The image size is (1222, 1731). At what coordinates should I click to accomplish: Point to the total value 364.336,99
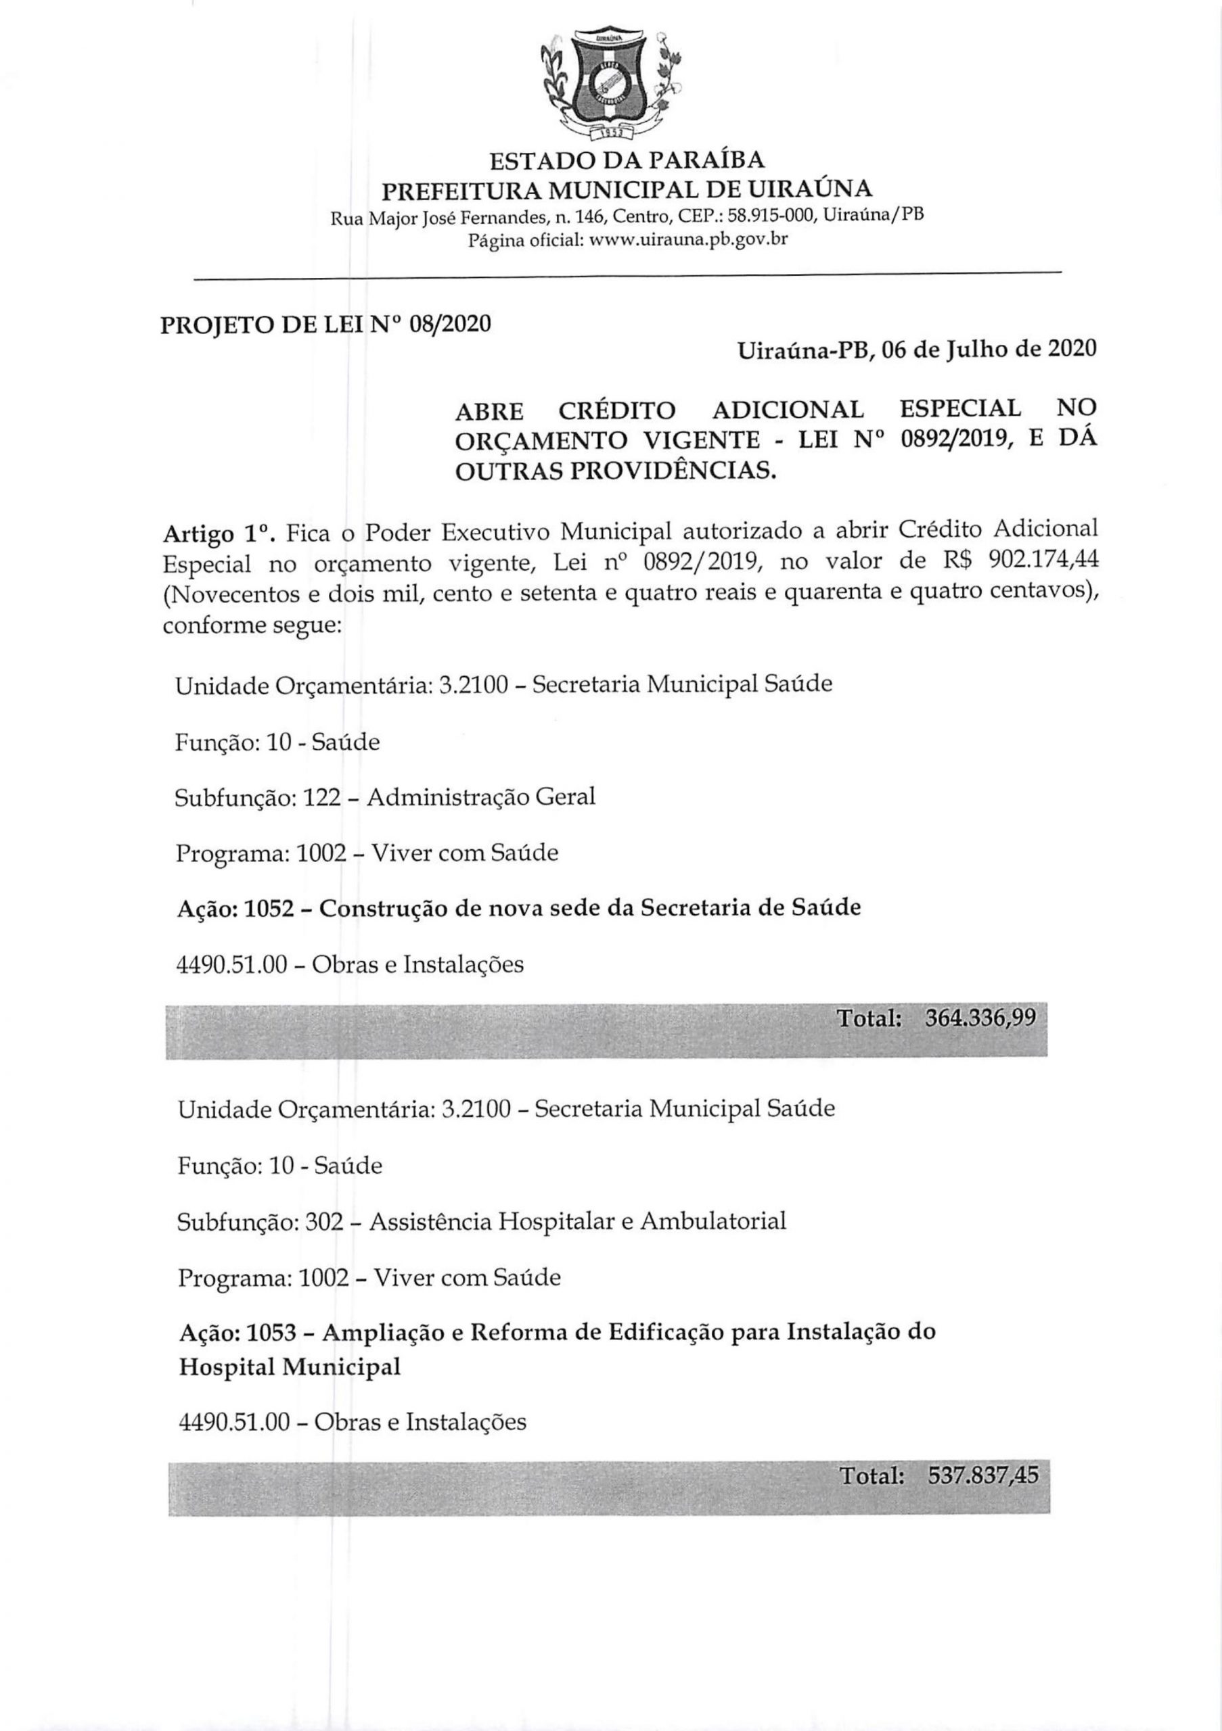pyautogui.click(x=980, y=1019)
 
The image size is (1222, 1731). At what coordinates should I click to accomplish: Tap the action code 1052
pyautogui.click(x=270, y=907)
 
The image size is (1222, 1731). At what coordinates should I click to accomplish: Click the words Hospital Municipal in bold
pyautogui.click(x=290, y=1367)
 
